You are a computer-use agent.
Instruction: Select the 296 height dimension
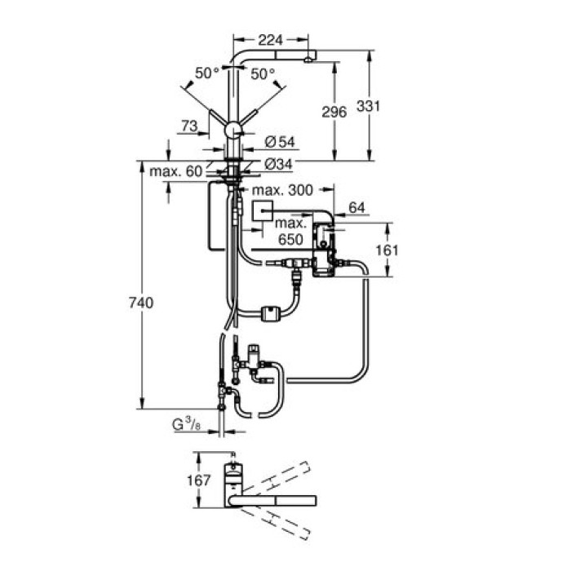334,112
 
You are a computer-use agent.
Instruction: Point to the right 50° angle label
263,73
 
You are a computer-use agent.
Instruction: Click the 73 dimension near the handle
189,125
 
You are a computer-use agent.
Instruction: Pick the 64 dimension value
357,209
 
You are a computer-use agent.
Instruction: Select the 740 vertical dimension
141,303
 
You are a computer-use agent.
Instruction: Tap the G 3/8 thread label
184,425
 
